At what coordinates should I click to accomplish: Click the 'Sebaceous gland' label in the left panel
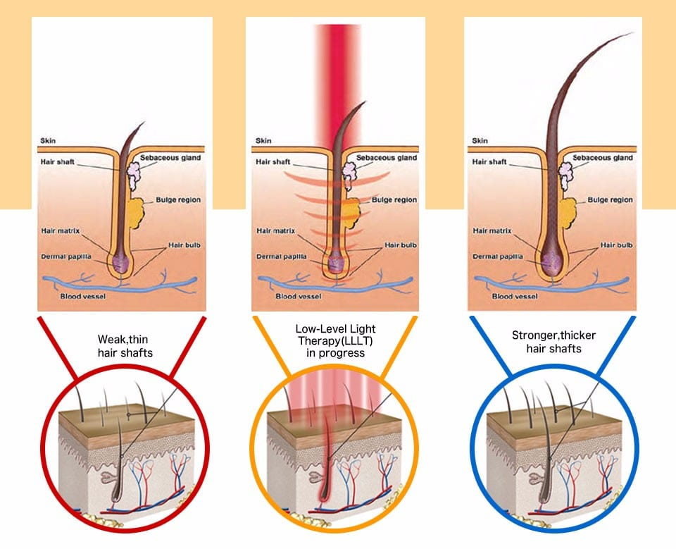click(170, 157)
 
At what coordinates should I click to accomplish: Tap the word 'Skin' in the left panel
click(49, 140)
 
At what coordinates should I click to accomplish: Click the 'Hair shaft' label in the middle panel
click(273, 162)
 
